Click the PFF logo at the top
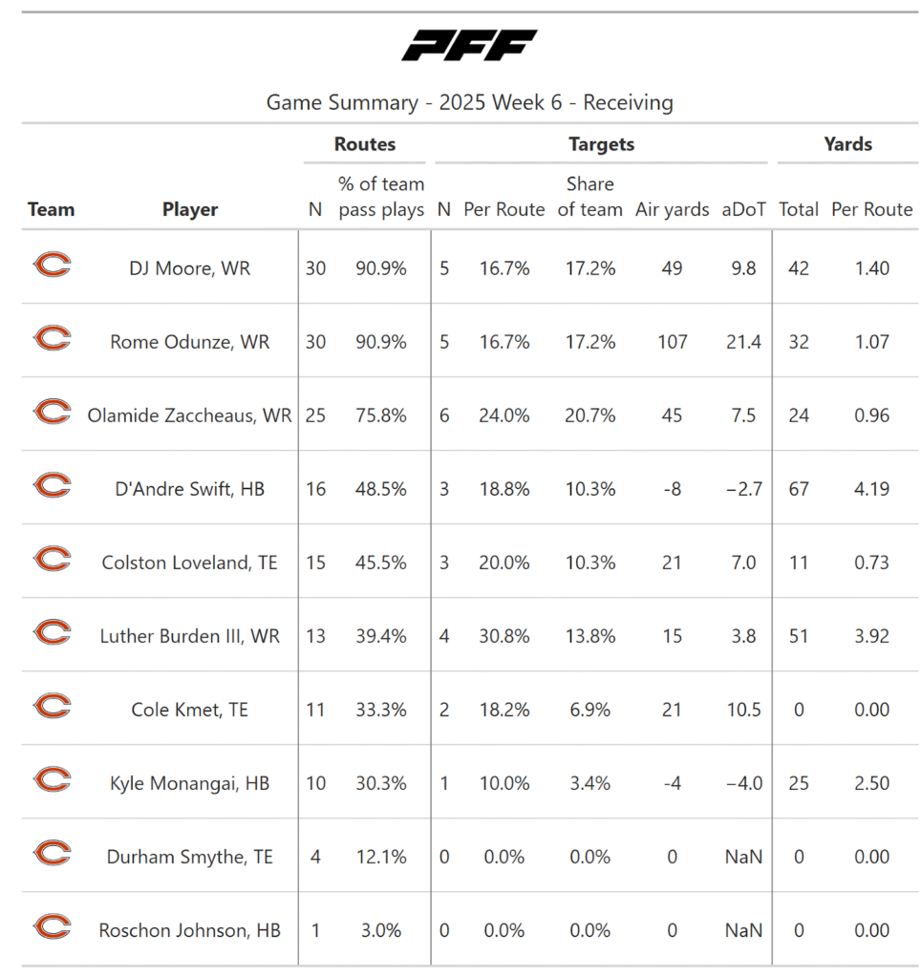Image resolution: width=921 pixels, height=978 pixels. point(469,46)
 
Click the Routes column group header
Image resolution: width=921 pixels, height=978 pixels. point(365,144)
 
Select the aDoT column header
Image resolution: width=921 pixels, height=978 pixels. point(744,209)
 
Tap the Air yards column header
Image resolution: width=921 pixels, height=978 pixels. point(672,209)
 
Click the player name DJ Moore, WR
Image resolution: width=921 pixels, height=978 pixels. point(190,268)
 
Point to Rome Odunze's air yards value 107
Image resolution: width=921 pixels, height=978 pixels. point(672,342)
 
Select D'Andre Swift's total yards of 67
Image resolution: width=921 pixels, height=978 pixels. point(799,489)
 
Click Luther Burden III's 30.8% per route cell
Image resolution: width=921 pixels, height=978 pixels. point(503,636)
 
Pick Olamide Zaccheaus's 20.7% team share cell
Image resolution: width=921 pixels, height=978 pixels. point(589,415)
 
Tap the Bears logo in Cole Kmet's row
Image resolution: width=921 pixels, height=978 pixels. point(52,707)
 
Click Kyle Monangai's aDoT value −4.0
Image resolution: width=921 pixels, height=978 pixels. point(744,783)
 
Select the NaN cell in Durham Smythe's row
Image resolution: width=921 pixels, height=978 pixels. point(744,857)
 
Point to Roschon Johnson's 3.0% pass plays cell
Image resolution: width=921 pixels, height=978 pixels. point(381,930)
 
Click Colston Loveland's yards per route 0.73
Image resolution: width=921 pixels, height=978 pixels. point(871,563)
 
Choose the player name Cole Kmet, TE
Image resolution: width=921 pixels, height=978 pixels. point(190,710)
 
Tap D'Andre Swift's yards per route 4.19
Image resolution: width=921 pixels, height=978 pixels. point(871,489)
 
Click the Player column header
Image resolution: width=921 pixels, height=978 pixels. point(190,209)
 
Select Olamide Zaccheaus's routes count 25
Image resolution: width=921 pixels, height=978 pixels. point(315,415)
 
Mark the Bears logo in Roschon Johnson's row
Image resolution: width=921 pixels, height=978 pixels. point(52,927)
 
